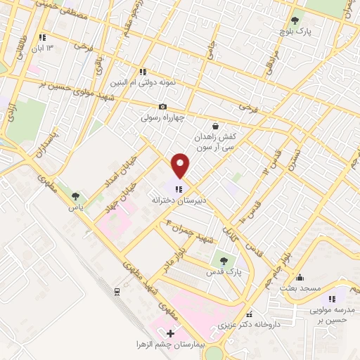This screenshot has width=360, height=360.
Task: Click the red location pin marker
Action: tap(181, 165)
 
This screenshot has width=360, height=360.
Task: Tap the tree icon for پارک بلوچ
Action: tap(294, 20)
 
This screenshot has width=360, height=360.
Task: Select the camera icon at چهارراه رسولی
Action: tap(162, 106)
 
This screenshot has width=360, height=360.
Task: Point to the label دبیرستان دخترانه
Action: tap(179, 200)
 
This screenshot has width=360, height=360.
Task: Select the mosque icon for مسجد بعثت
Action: tap(300, 277)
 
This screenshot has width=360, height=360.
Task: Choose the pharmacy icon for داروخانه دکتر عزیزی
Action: tap(247, 314)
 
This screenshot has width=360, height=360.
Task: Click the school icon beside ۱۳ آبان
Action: tap(42, 37)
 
